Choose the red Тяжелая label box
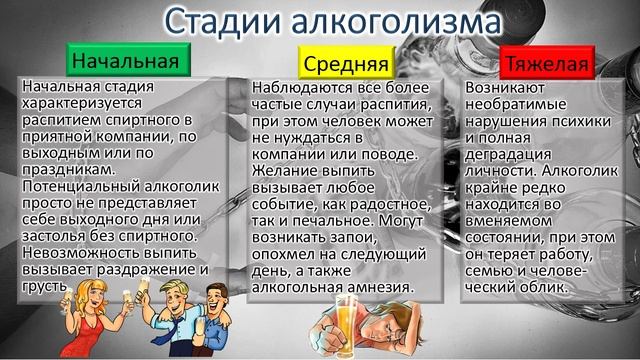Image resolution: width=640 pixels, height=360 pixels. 547,65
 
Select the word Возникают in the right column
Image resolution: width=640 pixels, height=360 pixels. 506,89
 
